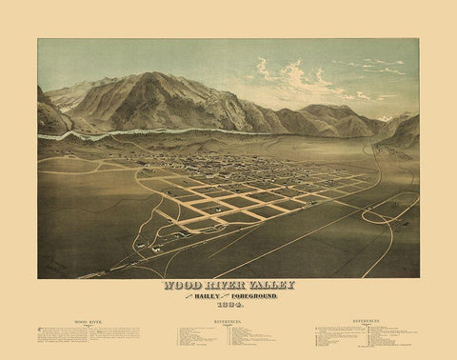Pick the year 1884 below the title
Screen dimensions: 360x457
click(x=228, y=306)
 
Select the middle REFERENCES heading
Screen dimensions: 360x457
click(x=228, y=323)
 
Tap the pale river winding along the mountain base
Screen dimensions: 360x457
click(x=143, y=132)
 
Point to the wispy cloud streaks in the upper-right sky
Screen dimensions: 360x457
click(x=381, y=67)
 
